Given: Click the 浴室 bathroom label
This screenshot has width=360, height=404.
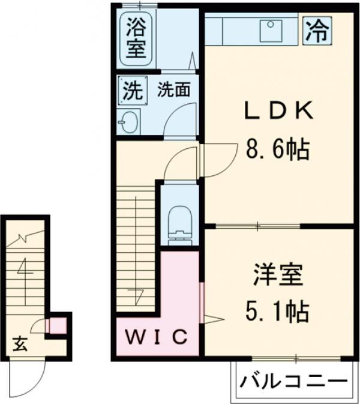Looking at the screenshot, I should pos(136,38).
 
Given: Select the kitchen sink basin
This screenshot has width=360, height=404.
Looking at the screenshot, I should pos(271,31).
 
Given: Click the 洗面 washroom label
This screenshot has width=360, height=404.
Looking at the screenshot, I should pos(174,90).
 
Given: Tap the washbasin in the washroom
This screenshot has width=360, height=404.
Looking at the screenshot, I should pos(128,123).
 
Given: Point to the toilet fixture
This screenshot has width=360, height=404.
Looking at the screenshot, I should pos(179,222).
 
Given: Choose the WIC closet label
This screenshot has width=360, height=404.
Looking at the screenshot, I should pos(157,337).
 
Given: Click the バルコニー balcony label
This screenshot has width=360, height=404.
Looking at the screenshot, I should pos(295,381).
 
